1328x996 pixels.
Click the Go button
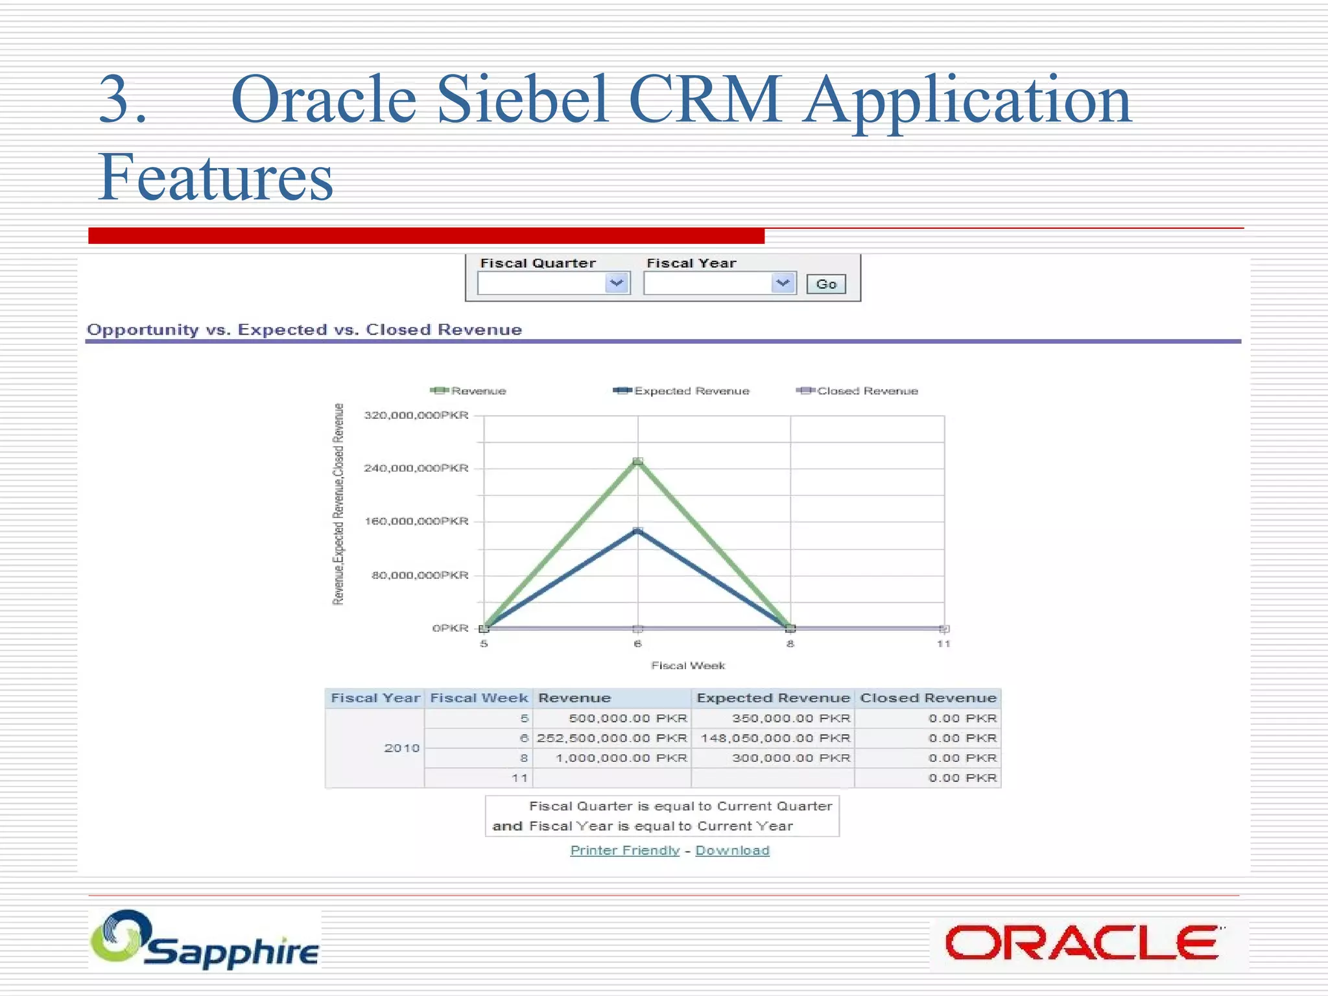pyautogui.click(x=825, y=284)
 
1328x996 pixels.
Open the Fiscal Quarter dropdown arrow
pyautogui.click(x=617, y=283)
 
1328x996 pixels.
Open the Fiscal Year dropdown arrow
pyautogui.click(x=783, y=283)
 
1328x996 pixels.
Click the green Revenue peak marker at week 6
pyautogui.click(x=637, y=462)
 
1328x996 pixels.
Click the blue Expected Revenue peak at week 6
pyautogui.click(x=637, y=531)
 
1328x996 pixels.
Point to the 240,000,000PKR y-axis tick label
pyautogui.click(x=416, y=468)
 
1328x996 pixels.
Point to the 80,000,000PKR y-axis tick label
pyautogui.click(x=420, y=575)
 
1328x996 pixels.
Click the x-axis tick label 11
pyautogui.click(x=943, y=644)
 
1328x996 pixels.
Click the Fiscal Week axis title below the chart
pyautogui.click(x=688, y=665)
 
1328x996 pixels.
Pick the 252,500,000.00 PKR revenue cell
pyautogui.click(x=611, y=738)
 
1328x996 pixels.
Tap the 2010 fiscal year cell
pyautogui.click(x=401, y=748)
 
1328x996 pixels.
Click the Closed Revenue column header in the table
pyautogui.click(x=927, y=698)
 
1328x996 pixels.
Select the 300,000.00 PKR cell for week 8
pyautogui.click(x=790, y=758)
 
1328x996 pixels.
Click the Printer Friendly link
pyautogui.click(x=624, y=850)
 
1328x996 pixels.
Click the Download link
pyautogui.click(x=732, y=850)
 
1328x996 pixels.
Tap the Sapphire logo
pyautogui.click(x=205, y=941)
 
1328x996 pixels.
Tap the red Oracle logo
pyautogui.click(x=1081, y=943)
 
